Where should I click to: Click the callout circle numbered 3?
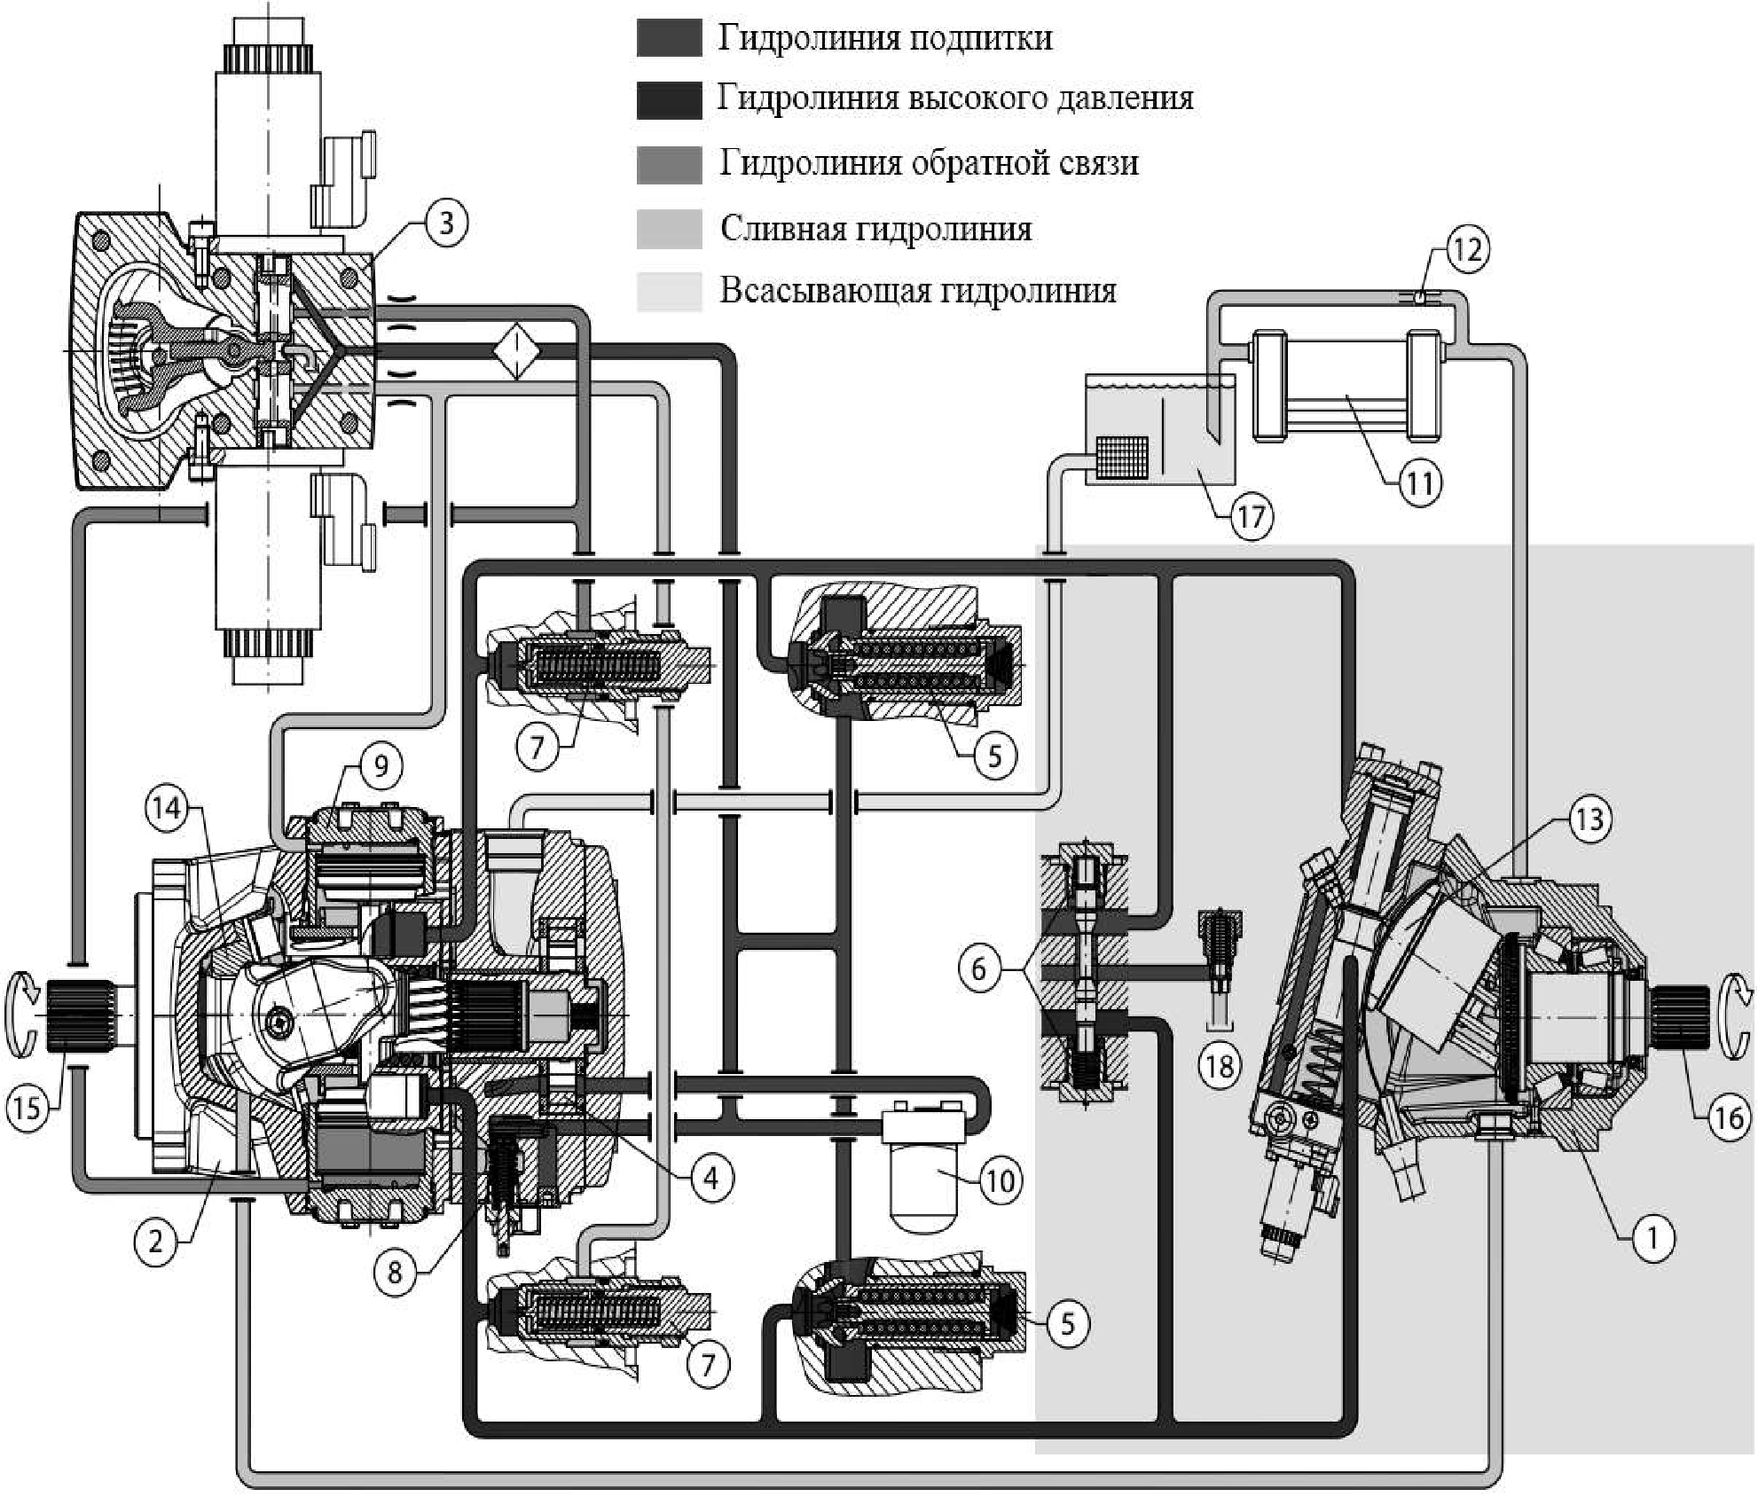(445, 223)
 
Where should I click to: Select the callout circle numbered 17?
(1251, 516)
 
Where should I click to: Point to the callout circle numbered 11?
(1420, 483)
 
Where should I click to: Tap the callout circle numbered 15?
(27, 1108)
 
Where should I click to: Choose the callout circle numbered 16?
(1728, 1117)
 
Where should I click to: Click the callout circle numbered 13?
(1589, 819)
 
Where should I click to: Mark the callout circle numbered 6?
(979, 968)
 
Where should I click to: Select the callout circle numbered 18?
(1220, 1065)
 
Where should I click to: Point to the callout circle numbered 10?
(1001, 1180)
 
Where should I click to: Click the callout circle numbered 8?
(395, 1273)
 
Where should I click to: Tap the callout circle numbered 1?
(1652, 1237)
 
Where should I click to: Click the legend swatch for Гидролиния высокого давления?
(669, 99)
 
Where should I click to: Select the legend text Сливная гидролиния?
(875, 230)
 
